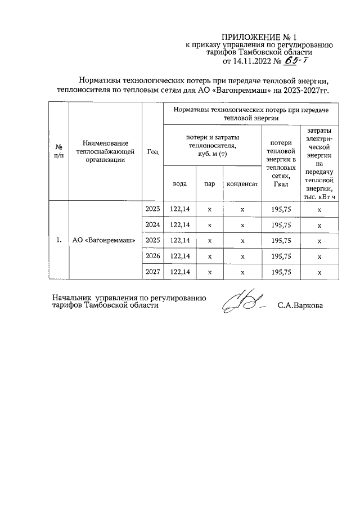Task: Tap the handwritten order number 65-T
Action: click(308, 60)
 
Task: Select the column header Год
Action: click(152, 151)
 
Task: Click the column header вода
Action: click(179, 184)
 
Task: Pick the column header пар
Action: click(209, 184)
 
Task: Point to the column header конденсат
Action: click(242, 184)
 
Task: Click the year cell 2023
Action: click(152, 209)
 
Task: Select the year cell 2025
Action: click(152, 241)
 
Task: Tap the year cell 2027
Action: click(152, 272)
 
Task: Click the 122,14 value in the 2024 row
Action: click(179, 225)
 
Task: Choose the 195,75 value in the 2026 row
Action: click(281, 256)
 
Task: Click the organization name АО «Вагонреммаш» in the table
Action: click(104, 241)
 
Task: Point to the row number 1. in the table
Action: click(58, 241)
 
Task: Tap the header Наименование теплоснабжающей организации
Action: click(105, 151)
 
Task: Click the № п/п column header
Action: click(58, 151)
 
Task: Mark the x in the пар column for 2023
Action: click(209, 209)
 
